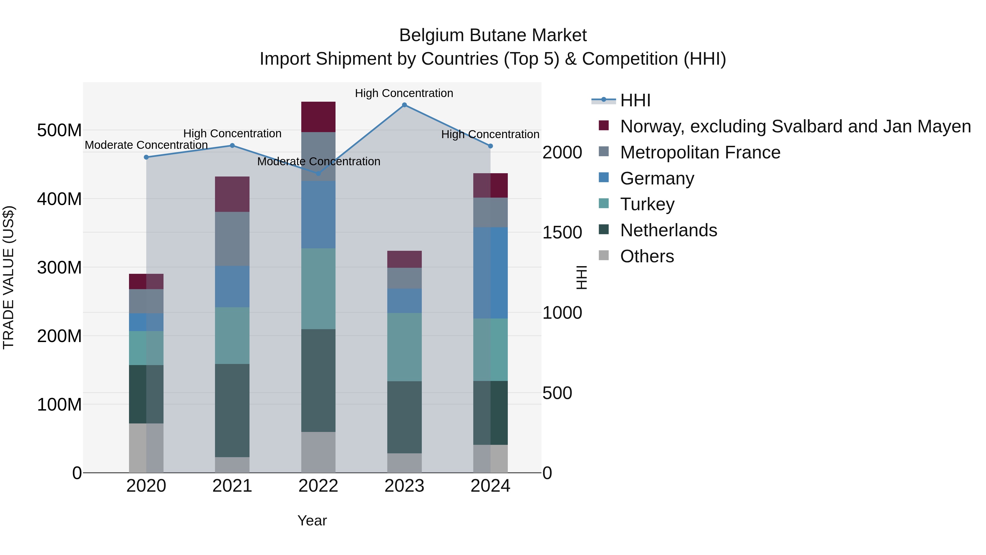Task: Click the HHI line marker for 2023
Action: click(x=404, y=105)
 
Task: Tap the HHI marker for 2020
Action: click(x=146, y=157)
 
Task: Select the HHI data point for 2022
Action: click(x=318, y=173)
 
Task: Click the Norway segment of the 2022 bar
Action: click(x=318, y=117)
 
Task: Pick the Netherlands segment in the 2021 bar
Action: click(x=232, y=410)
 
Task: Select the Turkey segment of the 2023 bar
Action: click(x=404, y=347)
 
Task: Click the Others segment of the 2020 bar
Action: click(x=146, y=448)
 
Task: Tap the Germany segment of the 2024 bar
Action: click(x=490, y=273)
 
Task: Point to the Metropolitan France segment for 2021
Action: click(x=232, y=239)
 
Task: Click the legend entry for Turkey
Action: click(x=647, y=204)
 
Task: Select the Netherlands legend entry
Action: click(x=668, y=230)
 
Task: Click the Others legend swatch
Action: click(x=604, y=255)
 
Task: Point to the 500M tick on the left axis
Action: click(x=59, y=130)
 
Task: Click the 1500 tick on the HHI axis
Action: click(x=562, y=232)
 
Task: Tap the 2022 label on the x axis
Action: click(x=318, y=486)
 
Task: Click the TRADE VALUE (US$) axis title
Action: click(x=9, y=277)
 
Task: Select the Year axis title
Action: click(x=312, y=520)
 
